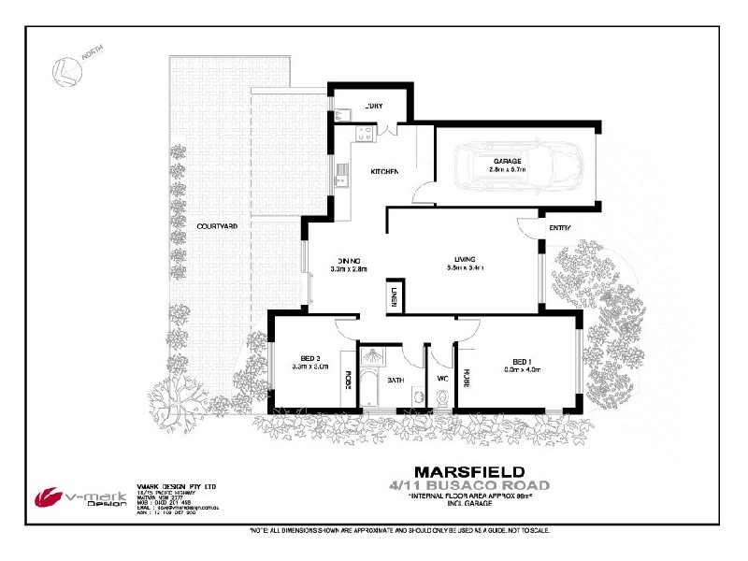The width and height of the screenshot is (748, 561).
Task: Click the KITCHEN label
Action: pyautogui.click(x=385, y=172)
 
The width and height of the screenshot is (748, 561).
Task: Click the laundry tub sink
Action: pyautogui.click(x=343, y=116)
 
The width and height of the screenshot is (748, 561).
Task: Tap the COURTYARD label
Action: pyautogui.click(x=216, y=226)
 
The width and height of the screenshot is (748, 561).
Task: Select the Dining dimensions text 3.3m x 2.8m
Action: pyautogui.click(x=349, y=269)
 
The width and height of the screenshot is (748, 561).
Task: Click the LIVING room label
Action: pyautogui.click(x=466, y=259)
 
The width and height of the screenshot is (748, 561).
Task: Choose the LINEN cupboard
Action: pyautogui.click(x=394, y=296)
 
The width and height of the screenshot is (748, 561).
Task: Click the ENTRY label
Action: pyautogui.click(x=560, y=228)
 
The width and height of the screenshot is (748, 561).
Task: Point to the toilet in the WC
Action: pyautogui.click(x=442, y=398)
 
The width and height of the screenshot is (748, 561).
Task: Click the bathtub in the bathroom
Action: pyautogui.click(x=371, y=389)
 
